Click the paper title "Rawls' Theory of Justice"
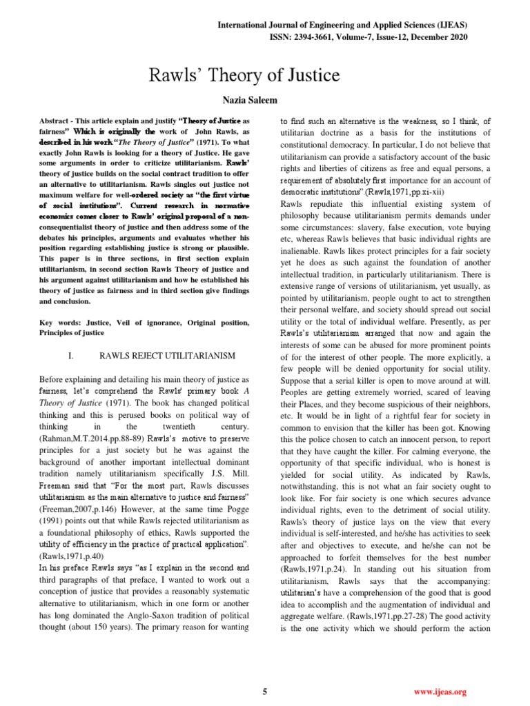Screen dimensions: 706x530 265,75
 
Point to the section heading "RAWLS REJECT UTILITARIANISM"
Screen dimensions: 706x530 168,355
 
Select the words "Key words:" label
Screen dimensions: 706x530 58,323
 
